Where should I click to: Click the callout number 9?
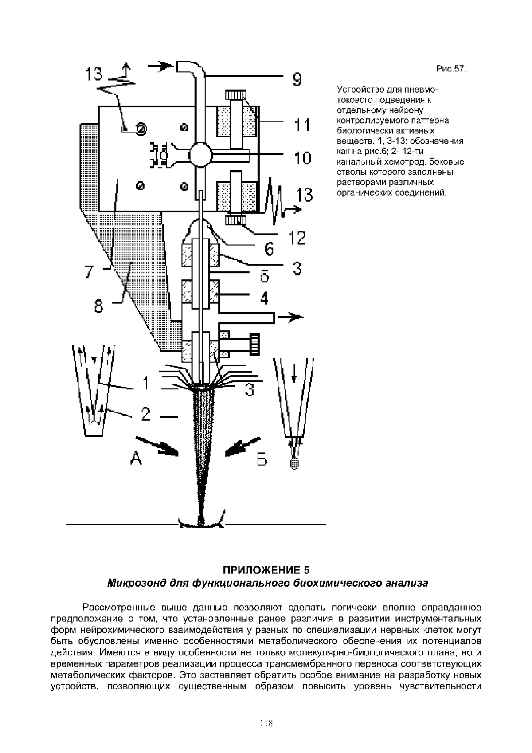pyautogui.click(x=296, y=79)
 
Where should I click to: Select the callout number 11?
pyautogui.click(x=303, y=125)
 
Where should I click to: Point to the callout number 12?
pyautogui.click(x=297, y=238)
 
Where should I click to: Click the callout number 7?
pyautogui.click(x=89, y=271)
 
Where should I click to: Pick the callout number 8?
pyautogui.click(x=98, y=306)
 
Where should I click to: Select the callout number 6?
pyautogui.click(x=269, y=249)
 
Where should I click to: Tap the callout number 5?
pyautogui.click(x=264, y=277)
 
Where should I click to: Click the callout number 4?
pyautogui.click(x=264, y=298)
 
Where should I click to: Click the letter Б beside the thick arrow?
pyautogui.click(x=262, y=460)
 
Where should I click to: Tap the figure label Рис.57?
pyautogui.click(x=451, y=69)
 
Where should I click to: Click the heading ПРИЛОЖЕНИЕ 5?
pyautogui.click(x=266, y=570)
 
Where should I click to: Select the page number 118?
pyautogui.click(x=266, y=723)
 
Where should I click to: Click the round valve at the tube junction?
pyautogui.click(x=199, y=154)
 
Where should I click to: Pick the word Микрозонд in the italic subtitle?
pyautogui.click(x=136, y=583)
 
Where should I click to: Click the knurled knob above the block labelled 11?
pyautogui.click(x=235, y=94)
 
